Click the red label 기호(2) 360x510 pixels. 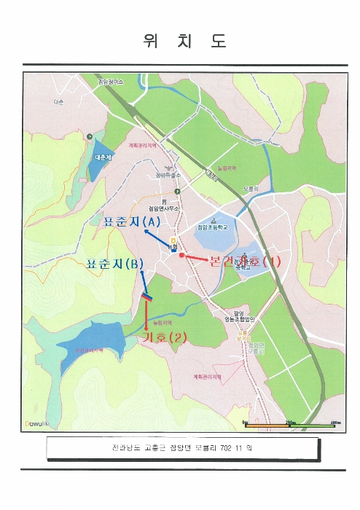coord(167,337)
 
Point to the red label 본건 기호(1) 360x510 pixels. coord(243,262)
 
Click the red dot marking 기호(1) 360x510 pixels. coord(181,256)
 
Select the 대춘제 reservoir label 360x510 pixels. coord(103,157)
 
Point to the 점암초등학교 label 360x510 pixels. coord(213,227)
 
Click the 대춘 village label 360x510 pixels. coord(58,101)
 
